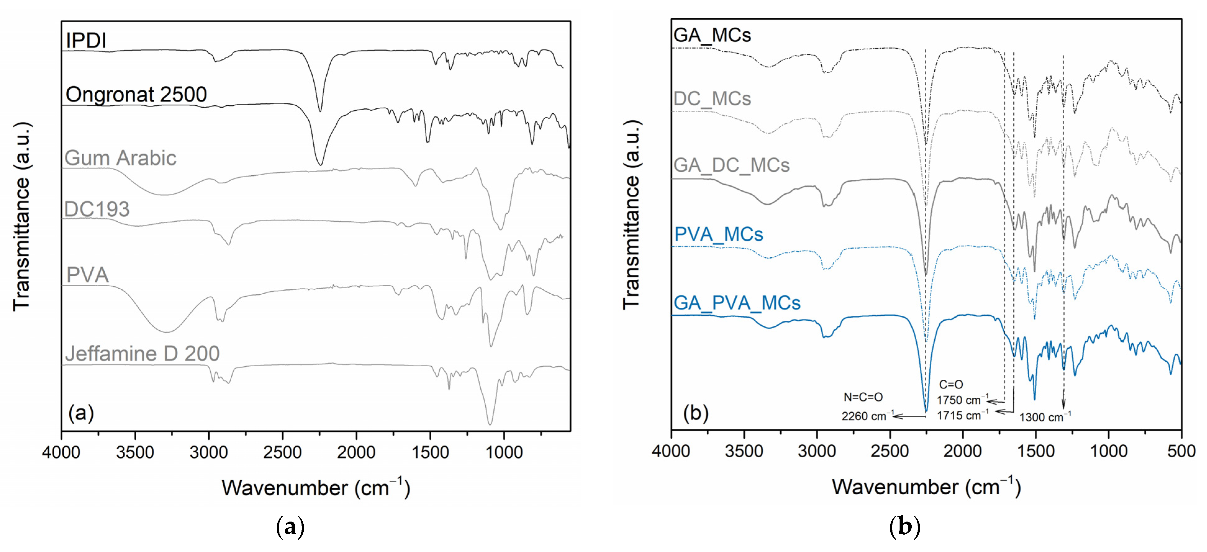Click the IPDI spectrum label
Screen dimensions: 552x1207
(x=86, y=41)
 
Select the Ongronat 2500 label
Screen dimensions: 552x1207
(x=136, y=95)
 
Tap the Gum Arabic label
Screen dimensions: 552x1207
(x=120, y=158)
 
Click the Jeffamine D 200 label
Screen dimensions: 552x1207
(x=143, y=354)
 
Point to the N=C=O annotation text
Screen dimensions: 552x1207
(x=863, y=397)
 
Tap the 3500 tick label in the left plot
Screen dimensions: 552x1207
(x=135, y=453)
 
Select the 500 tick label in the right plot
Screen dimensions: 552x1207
(x=1181, y=451)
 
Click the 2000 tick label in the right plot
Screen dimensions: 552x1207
(x=962, y=451)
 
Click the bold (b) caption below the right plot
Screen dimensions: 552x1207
(x=904, y=527)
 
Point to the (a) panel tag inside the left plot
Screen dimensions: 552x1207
(x=81, y=413)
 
